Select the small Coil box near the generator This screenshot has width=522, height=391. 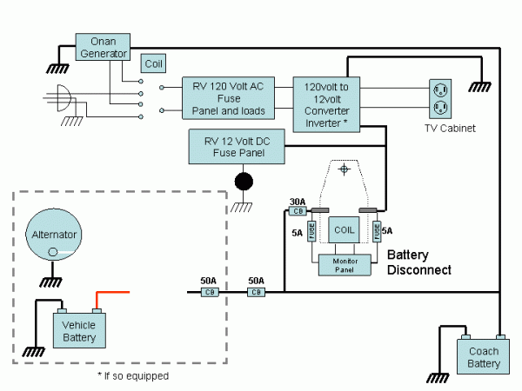point(153,63)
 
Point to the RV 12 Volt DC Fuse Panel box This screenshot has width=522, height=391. point(237,146)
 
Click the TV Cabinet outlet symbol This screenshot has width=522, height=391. point(441,98)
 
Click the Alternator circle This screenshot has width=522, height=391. point(55,235)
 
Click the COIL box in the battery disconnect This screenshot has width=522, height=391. point(345,230)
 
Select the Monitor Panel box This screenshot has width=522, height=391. point(345,264)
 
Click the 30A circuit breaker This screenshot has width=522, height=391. point(297,210)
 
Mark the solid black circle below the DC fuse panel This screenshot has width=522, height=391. point(244,181)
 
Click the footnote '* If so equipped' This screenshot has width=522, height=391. point(133,376)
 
